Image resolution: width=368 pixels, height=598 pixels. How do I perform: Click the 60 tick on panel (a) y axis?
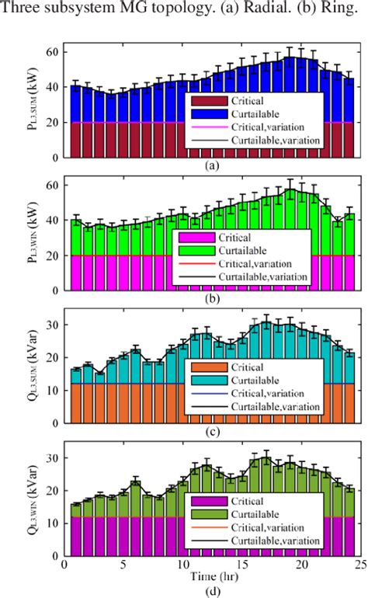[x=52, y=52]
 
